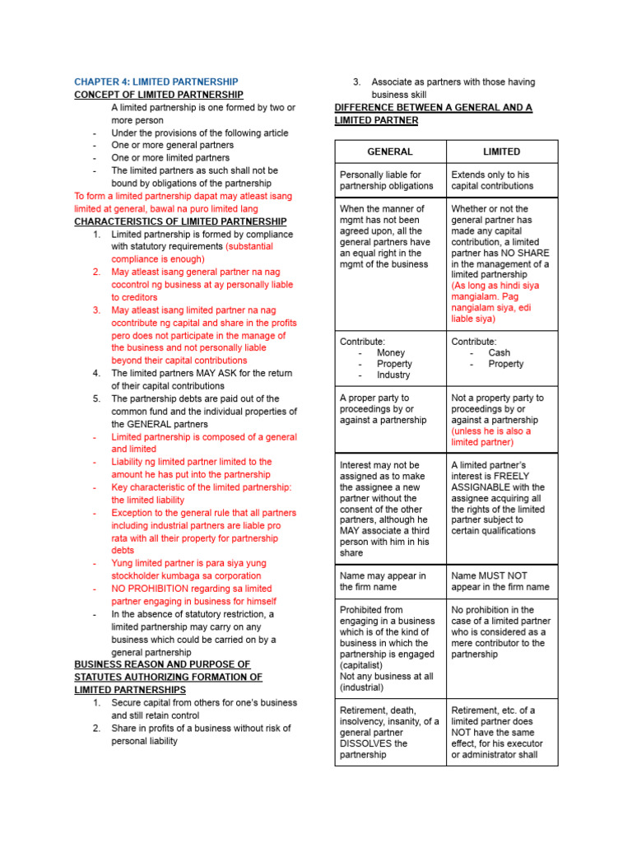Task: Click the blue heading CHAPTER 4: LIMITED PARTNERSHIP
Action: (156, 82)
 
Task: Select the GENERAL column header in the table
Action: (390, 151)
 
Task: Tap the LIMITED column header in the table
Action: (502, 151)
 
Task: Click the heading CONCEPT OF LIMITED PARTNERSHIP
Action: (159, 95)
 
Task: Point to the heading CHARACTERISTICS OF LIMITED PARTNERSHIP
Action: (180, 221)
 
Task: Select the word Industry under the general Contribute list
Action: (393, 375)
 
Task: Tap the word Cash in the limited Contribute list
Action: (499, 352)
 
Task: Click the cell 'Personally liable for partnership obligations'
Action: (386, 180)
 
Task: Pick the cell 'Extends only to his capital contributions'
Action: (492, 180)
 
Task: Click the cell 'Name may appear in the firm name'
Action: (383, 581)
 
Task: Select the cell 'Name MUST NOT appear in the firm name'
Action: (500, 581)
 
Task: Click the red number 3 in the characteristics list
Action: (96, 310)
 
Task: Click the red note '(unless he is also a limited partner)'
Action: (491, 436)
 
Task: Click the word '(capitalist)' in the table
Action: (363, 665)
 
